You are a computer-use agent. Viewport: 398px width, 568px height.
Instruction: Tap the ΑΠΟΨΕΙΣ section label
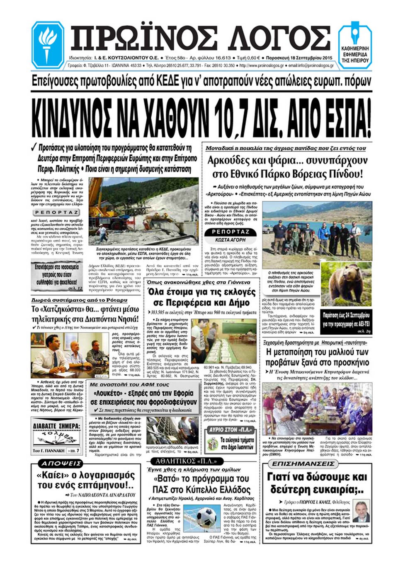(x=56, y=463)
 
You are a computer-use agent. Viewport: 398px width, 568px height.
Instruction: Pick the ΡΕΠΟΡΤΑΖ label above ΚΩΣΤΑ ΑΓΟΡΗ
(x=231, y=232)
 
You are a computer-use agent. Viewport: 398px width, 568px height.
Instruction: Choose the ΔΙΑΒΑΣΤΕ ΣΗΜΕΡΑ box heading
(x=56, y=425)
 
